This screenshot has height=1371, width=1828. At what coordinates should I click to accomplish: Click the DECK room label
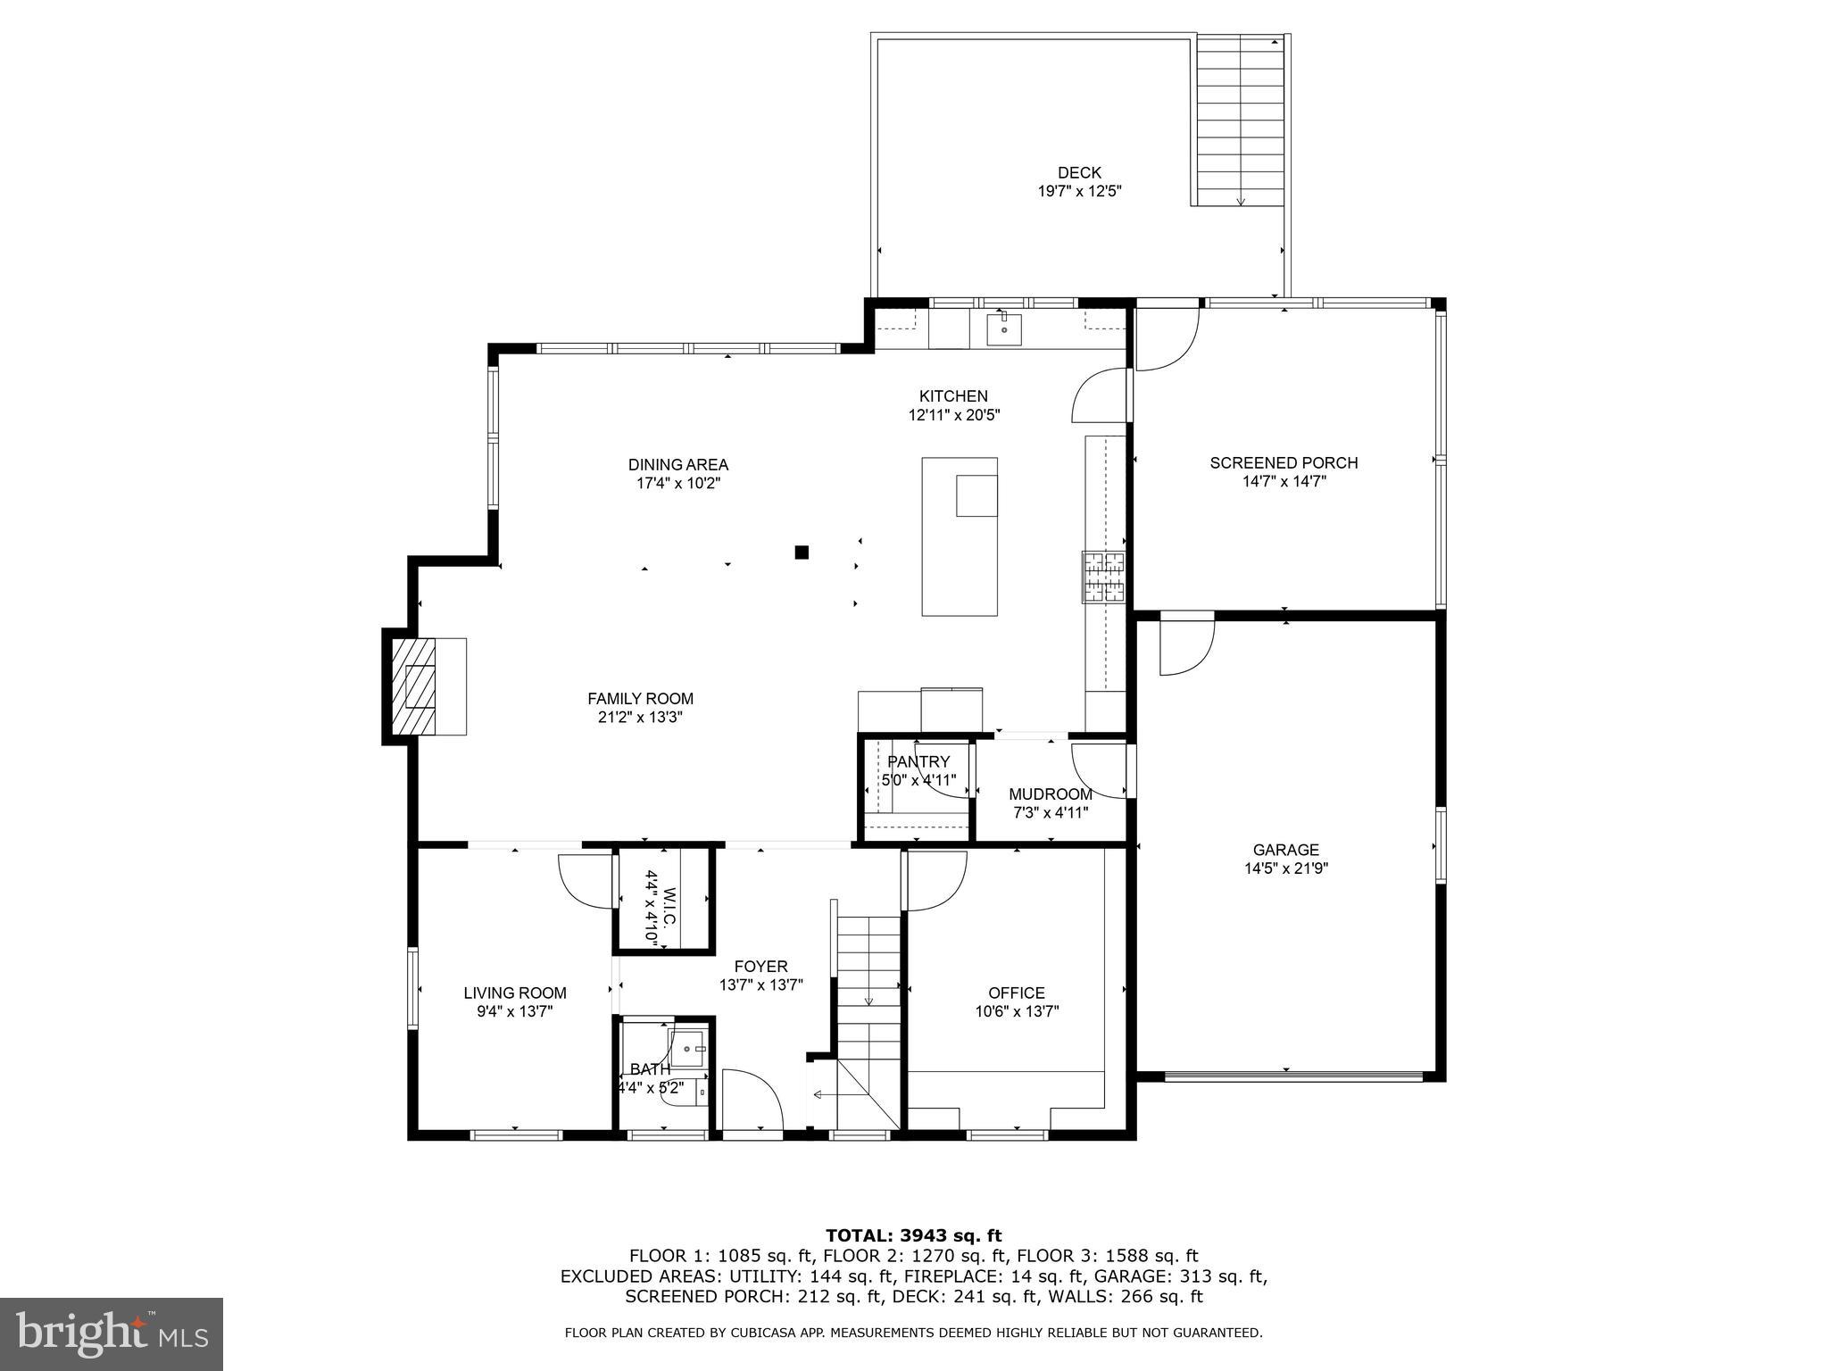point(1079,173)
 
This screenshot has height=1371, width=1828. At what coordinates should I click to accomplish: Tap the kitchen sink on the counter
point(1003,328)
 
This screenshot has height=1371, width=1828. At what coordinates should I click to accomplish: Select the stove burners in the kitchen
point(1104,577)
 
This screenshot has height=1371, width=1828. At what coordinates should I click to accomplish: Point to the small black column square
point(802,553)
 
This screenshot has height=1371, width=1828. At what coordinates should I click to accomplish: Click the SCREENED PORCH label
point(1284,462)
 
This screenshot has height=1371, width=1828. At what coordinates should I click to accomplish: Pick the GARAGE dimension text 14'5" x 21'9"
point(1285,868)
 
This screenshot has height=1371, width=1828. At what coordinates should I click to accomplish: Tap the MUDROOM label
point(1050,794)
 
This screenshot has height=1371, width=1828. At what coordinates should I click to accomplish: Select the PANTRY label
point(918,761)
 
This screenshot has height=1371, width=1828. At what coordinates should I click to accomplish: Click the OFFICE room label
point(1016,993)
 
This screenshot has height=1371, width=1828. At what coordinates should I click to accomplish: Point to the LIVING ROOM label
point(515,993)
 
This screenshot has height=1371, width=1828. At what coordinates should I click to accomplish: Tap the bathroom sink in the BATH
point(687,1050)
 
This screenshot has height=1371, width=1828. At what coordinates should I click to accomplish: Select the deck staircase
point(1240,120)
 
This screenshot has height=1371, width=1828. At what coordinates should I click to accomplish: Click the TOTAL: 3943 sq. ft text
point(913,1235)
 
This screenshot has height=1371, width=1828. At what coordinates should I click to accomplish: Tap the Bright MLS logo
point(112,1334)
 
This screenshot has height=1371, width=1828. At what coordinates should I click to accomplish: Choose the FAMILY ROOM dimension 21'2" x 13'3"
point(640,717)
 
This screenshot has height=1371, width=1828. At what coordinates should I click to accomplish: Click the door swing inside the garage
point(1186,647)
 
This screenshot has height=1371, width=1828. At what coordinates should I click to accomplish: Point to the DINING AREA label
point(677,464)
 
